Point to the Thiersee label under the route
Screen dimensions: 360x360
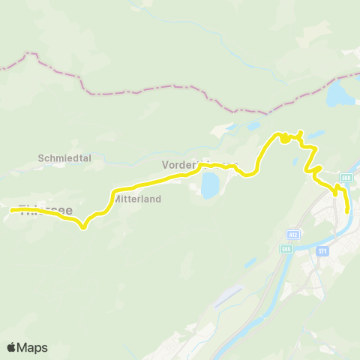coord(45,210)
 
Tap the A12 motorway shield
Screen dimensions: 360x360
coord(295,233)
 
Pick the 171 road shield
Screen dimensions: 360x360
coord(322,250)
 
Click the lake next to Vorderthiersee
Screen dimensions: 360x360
coord(210,184)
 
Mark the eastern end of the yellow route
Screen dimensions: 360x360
coord(347,211)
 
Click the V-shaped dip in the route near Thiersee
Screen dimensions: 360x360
coord(82,226)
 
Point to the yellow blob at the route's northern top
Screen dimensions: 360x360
coord(285,137)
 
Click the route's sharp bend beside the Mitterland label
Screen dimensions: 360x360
coord(113,197)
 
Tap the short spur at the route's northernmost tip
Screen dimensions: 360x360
coord(300,133)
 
